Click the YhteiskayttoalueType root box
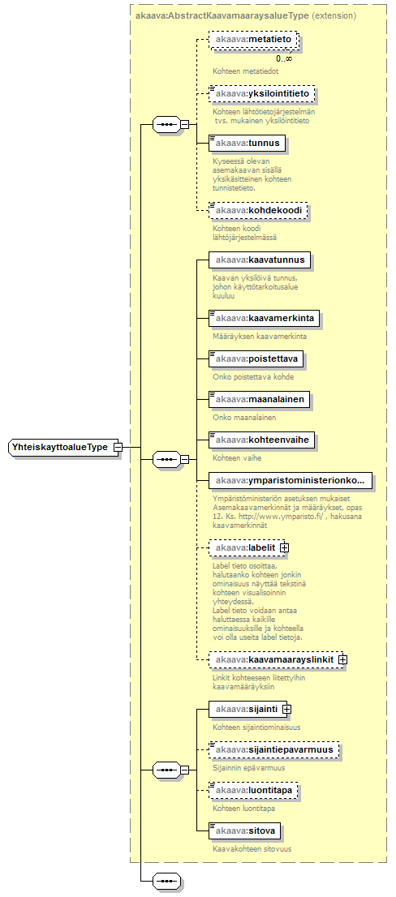[64, 447]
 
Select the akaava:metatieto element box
[254, 40]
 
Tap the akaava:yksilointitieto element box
[261, 93]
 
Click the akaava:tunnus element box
[247, 143]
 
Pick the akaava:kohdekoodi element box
[258, 212]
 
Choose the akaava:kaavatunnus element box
[260, 260]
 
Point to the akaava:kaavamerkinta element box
[264, 316]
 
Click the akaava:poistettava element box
[256, 358]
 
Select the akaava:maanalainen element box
[259, 399]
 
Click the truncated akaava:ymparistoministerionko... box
[291, 481]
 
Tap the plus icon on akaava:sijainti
[286, 710]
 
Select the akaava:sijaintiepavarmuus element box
[273, 749]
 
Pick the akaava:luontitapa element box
[253, 790]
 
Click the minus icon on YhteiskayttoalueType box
[117, 447]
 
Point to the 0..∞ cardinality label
[284, 58]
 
